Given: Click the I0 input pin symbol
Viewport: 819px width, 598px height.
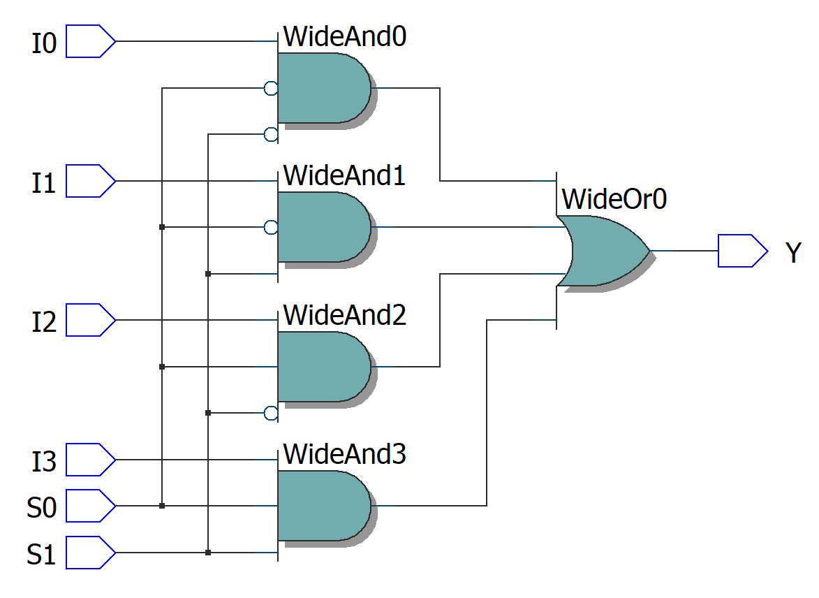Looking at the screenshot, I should [x=90, y=41].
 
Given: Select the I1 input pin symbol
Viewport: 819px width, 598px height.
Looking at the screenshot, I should [x=90, y=181].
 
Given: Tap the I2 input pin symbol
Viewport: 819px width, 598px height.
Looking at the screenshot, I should [x=90, y=320].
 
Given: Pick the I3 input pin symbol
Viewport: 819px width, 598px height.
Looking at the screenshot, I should [x=90, y=460].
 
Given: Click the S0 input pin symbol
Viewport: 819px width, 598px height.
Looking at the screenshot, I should [x=90, y=506].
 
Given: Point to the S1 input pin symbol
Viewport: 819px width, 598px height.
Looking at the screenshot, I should [x=90, y=553].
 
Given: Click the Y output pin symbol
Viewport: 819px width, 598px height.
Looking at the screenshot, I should [x=742, y=251].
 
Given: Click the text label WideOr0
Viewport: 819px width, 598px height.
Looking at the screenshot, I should [x=614, y=200].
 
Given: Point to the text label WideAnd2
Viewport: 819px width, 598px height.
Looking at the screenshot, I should [x=344, y=316].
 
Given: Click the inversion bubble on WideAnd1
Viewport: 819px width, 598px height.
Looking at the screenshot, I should [x=271, y=227].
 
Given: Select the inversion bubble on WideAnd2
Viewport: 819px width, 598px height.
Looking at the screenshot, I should [x=271, y=413].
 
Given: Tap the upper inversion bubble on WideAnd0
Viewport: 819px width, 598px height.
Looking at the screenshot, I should [x=271, y=88].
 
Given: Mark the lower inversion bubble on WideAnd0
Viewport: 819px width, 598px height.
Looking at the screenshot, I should [x=271, y=134].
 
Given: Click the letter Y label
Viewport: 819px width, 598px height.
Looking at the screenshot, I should [x=792, y=253].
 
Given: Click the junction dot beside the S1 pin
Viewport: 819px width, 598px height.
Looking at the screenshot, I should [x=208, y=553].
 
